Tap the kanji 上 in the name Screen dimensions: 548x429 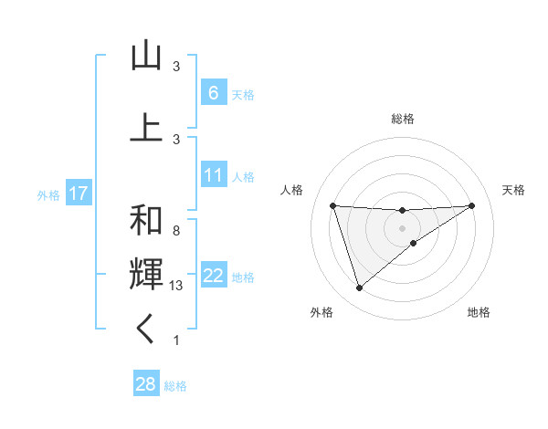[x=146, y=127]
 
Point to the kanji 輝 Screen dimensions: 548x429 [x=146, y=274]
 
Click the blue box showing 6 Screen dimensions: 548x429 [x=213, y=93]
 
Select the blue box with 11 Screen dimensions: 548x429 [x=213, y=175]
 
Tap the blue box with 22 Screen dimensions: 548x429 [x=213, y=276]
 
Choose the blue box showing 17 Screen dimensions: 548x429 [x=79, y=194]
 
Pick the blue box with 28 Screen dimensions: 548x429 [x=145, y=384]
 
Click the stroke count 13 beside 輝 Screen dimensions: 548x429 [x=177, y=286]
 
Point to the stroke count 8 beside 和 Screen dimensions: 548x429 [x=176, y=231]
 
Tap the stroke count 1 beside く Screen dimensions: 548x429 [x=176, y=340]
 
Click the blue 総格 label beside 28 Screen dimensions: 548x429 [x=176, y=386]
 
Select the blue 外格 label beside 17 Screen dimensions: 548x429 [x=48, y=194]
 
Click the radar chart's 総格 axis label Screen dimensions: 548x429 [x=402, y=119]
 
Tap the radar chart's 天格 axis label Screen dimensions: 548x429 [x=514, y=190]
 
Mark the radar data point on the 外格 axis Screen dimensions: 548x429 [x=359, y=288]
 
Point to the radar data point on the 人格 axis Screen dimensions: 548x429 [x=332, y=205]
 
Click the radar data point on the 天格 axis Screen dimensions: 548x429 [x=471, y=205]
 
